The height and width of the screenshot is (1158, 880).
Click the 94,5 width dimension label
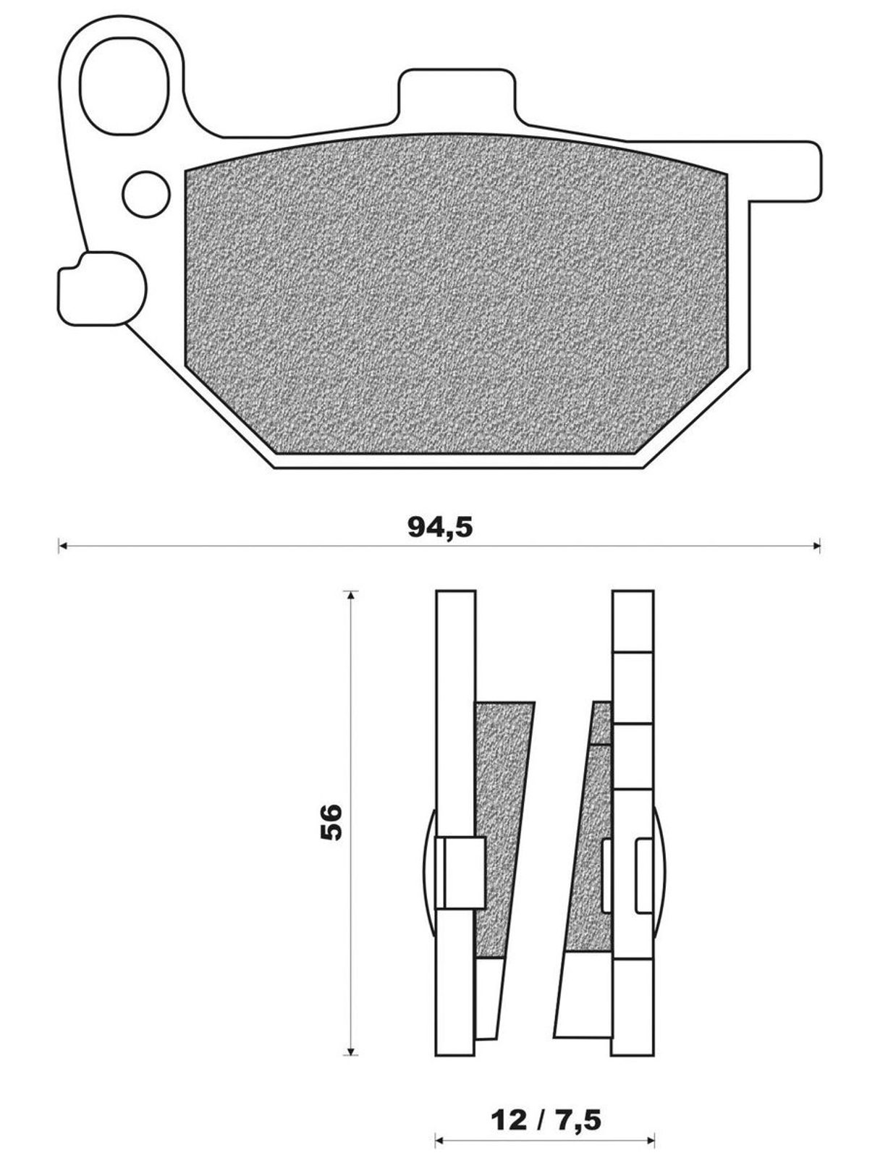pos(440,528)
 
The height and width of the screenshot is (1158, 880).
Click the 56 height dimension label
pos(331,822)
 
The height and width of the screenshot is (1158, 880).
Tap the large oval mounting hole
pos(125,85)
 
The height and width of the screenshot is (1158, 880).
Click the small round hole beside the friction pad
pos(146,194)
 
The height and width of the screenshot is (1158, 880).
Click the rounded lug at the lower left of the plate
pos(102,288)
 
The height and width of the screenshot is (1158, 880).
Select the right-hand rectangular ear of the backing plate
pos(783,172)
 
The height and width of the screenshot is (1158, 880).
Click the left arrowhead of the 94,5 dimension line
pos(62,546)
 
